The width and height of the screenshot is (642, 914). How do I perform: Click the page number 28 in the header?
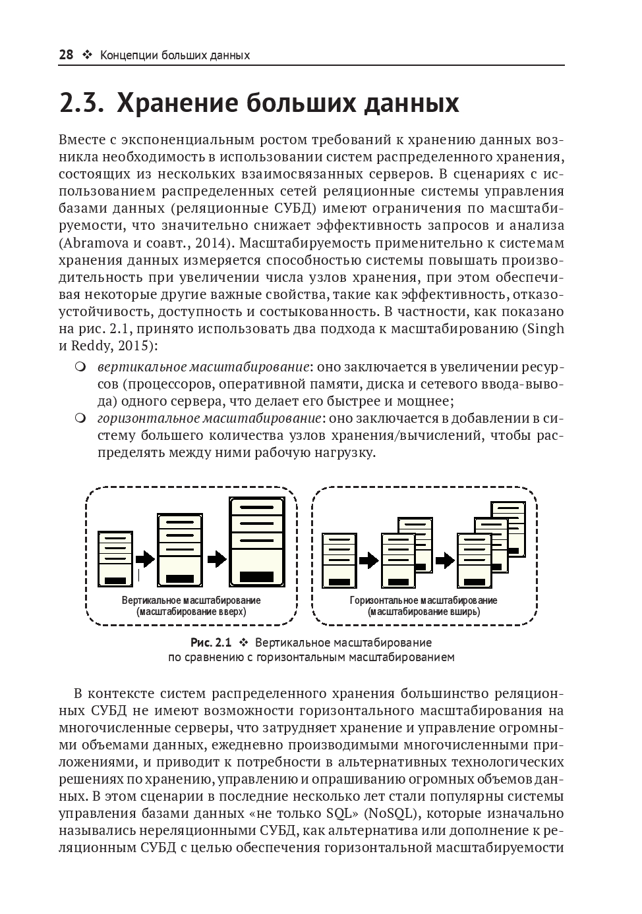point(66,55)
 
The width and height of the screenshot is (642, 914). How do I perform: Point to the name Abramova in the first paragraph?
point(92,243)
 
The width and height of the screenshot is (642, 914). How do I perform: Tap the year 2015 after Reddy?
point(125,346)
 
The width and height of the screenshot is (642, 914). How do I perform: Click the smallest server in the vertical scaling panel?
point(115,558)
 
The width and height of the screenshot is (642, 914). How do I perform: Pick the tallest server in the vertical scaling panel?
point(257,542)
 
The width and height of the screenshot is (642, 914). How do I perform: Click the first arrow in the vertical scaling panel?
point(144,559)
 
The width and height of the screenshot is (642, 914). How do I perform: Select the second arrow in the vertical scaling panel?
point(216,559)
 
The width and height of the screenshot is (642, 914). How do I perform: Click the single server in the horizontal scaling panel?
point(339,560)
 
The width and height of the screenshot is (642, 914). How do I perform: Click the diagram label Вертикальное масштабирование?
point(191,601)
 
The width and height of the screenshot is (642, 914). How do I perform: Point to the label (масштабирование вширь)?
point(424,612)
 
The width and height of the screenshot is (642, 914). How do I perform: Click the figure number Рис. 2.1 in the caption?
point(211,643)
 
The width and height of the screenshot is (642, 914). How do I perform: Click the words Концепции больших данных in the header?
point(175,55)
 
